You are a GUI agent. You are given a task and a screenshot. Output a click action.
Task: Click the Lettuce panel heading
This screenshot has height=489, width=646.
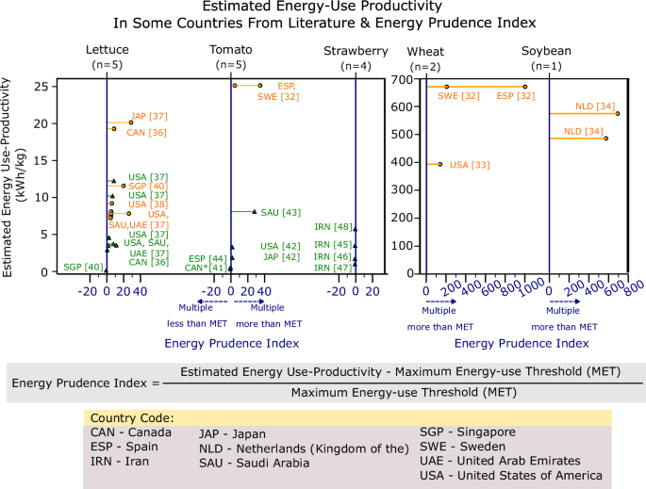[107, 50]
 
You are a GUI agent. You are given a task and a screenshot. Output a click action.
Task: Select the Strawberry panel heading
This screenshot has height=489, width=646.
[356, 50]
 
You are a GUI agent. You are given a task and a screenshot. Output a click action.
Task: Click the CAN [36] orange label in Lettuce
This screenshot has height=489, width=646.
[147, 132]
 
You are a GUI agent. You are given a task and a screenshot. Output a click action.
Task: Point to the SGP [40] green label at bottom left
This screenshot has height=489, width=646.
[81, 267]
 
